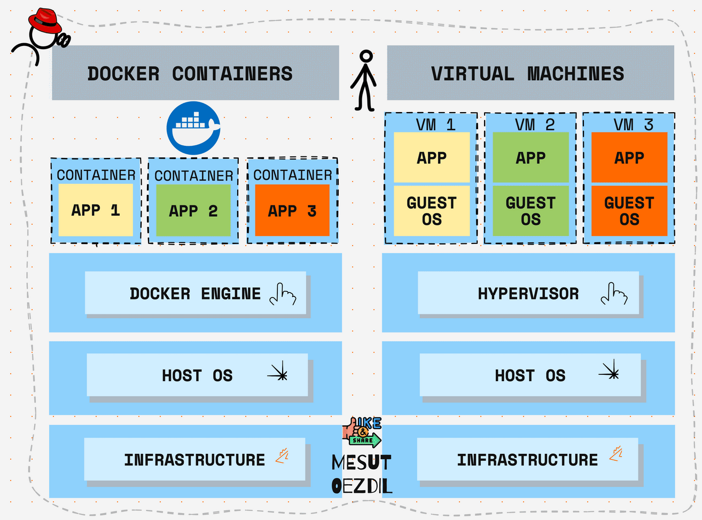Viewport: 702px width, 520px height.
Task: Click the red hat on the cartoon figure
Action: (45, 21)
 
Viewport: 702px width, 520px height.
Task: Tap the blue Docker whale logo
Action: (193, 128)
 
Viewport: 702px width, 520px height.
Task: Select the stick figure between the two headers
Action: (364, 80)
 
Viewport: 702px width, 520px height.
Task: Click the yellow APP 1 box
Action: (96, 210)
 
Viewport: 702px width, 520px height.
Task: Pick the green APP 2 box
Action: (193, 210)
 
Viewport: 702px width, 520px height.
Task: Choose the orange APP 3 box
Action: (292, 210)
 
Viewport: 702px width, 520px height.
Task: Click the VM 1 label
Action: (435, 124)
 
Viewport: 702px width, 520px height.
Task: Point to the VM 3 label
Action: (633, 124)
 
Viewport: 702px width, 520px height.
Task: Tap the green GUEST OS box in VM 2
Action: (531, 211)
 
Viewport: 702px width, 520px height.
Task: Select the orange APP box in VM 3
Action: (629, 157)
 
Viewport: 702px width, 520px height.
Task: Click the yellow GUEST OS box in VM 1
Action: (432, 211)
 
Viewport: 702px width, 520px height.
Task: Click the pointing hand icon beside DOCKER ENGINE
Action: (283, 294)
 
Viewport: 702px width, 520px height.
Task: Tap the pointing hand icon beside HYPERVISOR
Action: (614, 294)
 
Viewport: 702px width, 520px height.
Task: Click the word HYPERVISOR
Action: (528, 294)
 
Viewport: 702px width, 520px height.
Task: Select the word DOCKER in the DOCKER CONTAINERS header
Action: (123, 74)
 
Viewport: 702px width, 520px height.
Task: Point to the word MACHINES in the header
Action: (575, 74)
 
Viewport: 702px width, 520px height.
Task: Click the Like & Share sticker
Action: (362, 432)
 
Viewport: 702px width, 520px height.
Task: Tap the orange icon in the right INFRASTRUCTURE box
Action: (616, 454)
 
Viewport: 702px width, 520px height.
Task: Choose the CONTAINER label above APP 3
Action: (292, 175)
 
